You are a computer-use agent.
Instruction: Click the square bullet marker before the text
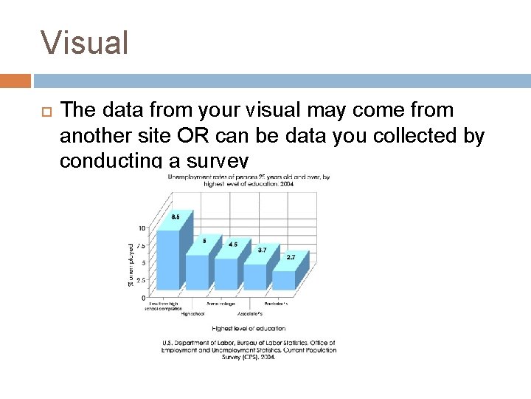(x=42, y=112)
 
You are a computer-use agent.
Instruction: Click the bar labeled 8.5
(x=169, y=259)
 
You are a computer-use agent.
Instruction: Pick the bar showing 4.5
(x=226, y=273)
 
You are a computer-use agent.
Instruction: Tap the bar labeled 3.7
(x=254, y=276)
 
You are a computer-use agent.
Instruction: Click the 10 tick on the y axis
(x=142, y=228)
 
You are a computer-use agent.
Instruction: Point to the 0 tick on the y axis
(x=144, y=297)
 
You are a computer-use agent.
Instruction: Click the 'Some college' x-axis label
(x=221, y=304)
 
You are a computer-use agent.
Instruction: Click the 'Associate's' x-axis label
(x=249, y=313)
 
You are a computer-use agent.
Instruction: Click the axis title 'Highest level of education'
(x=249, y=327)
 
